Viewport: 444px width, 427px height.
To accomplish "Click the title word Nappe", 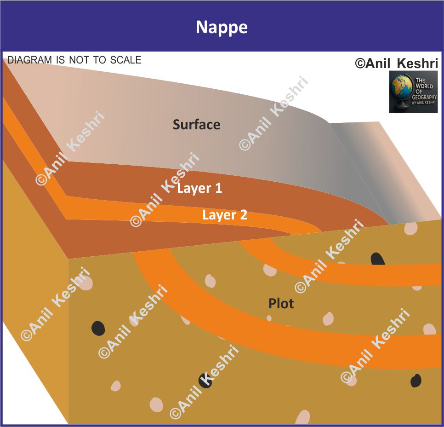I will click(222, 28).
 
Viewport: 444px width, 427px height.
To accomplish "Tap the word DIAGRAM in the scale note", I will click(28, 60).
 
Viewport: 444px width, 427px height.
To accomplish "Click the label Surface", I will click(196, 124).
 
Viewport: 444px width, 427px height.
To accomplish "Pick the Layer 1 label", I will click(199, 188).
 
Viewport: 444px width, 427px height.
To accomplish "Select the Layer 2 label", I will click(225, 215).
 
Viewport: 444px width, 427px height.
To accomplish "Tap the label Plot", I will click(281, 304).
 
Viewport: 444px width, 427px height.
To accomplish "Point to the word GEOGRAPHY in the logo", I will click(426, 97).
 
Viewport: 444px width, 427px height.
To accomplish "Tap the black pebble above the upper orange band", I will click(378, 259).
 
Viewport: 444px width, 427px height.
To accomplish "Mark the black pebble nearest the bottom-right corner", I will click(416, 381).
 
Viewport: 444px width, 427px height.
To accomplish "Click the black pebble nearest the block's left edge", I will click(98, 328).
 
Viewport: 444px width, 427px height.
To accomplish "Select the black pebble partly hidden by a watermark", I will click(205, 381).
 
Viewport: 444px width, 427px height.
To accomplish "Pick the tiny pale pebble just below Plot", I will click(269, 317).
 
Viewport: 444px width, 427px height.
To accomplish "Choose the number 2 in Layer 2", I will click(243, 215).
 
